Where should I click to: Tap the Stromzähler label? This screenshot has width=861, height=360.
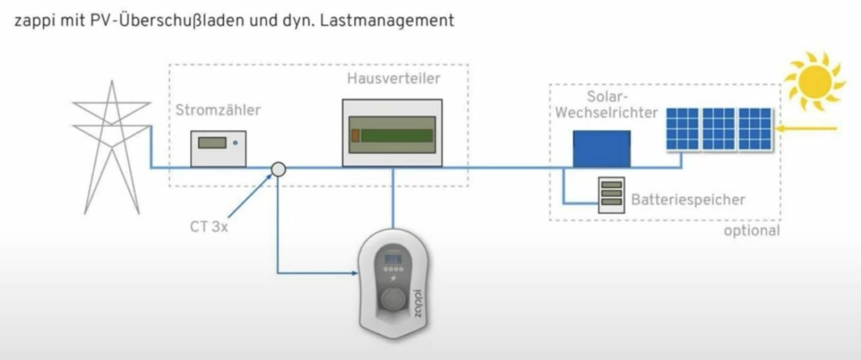[218, 110]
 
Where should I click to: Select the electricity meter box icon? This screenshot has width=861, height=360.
[218, 149]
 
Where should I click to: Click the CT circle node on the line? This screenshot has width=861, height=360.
[278, 169]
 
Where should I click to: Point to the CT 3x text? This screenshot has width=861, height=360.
[209, 228]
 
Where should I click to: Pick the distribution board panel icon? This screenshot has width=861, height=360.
[392, 133]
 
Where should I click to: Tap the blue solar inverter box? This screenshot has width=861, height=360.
[601, 149]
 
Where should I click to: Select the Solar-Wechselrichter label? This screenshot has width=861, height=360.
[606, 104]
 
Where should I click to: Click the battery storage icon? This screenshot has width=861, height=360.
[611, 195]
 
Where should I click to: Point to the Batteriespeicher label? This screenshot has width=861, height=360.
[688, 200]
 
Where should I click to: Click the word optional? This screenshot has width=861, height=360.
[751, 231]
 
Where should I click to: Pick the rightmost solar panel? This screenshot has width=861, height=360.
[755, 128]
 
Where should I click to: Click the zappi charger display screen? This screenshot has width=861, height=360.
[393, 259]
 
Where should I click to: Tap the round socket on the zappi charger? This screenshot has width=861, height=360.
[393, 299]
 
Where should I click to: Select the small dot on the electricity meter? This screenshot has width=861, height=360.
[235, 143]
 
